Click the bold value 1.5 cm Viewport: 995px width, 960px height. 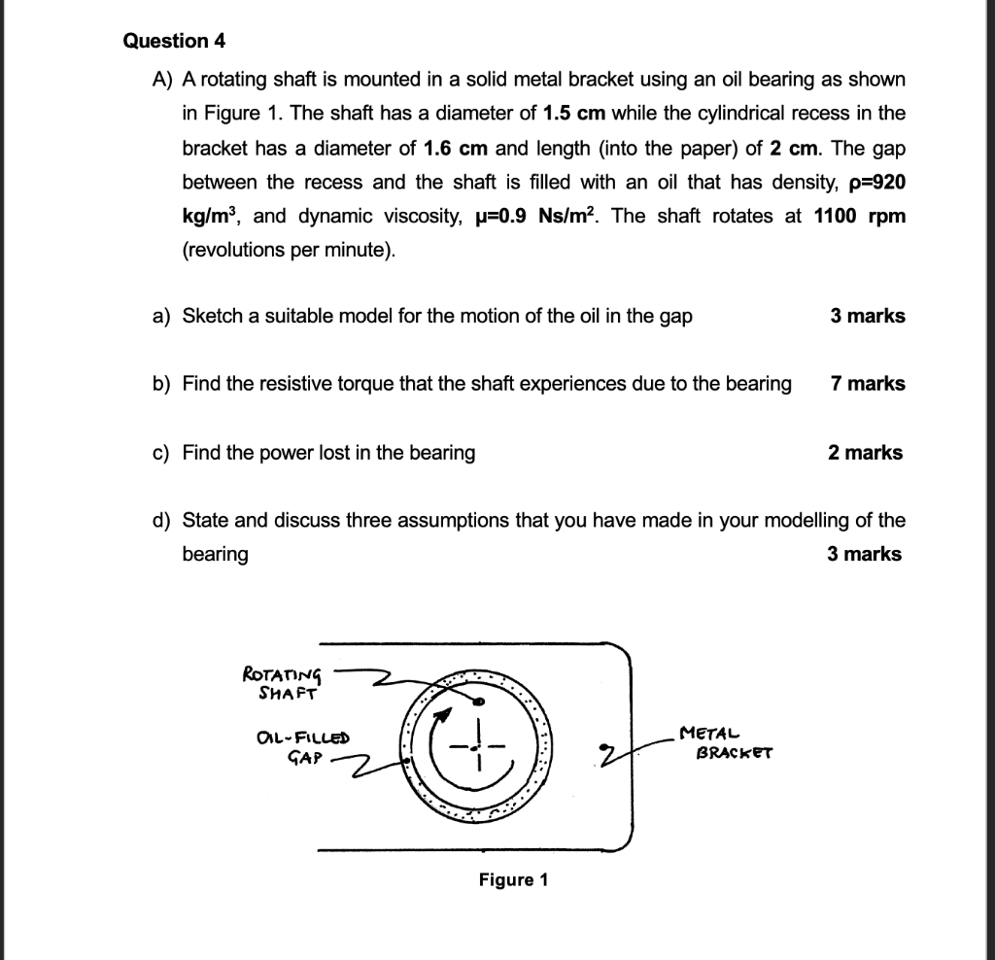tap(574, 113)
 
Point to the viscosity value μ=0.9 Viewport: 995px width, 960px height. tap(525, 216)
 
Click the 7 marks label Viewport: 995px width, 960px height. tap(868, 384)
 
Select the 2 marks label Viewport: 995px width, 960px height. tap(865, 453)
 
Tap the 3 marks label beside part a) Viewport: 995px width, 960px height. tap(868, 316)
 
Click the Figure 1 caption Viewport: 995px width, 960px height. tap(513, 880)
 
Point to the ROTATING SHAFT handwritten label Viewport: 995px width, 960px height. tap(281, 682)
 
